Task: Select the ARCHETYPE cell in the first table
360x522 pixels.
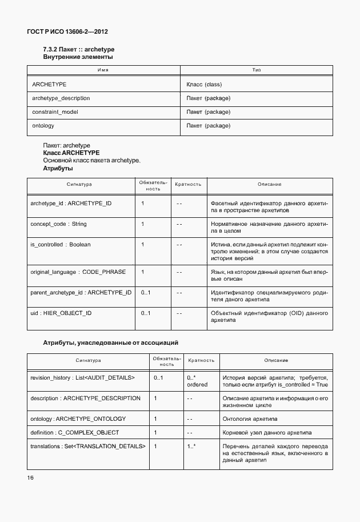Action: point(49,84)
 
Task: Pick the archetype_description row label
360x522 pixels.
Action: point(61,98)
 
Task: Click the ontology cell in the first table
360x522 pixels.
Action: point(43,126)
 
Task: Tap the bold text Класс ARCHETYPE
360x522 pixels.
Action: point(71,153)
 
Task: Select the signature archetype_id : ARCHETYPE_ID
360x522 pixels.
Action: point(71,204)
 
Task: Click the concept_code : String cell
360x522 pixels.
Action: point(58,224)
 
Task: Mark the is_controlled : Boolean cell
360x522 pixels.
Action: point(60,245)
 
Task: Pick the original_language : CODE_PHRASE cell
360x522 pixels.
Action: point(78,272)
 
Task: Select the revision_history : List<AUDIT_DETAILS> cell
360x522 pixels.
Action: point(82,378)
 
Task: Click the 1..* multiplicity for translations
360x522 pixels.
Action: point(191,446)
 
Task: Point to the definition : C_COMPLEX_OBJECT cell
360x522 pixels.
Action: point(74,432)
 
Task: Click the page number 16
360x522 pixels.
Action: point(31,478)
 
